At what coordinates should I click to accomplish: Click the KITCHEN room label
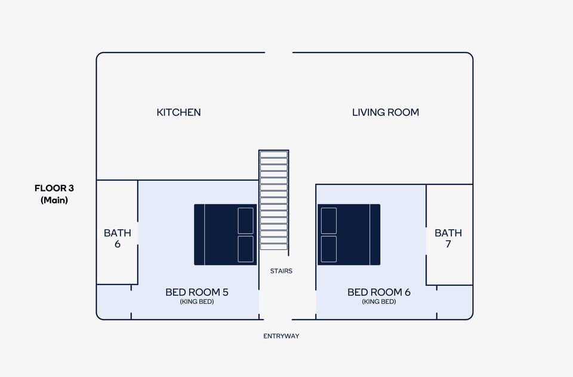coord(178,112)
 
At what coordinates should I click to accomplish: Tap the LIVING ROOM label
coord(385,112)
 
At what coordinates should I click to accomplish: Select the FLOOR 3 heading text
coord(54,188)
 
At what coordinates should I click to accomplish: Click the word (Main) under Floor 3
coord(54,200)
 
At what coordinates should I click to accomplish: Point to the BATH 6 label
coord(117,238)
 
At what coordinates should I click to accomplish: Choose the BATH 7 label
coord(448,238)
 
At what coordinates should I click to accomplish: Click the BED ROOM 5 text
coord(196,292)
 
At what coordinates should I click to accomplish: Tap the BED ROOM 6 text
coord(378,292)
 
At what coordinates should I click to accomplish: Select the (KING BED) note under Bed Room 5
coord(196,302)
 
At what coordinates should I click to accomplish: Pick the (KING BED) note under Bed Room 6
coord(378,302)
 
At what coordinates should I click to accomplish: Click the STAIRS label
coord(281,271)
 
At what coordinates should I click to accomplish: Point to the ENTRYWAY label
coord(281,336)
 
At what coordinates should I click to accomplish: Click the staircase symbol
coord(273,200)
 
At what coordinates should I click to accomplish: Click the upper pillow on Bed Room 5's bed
coord(245,221)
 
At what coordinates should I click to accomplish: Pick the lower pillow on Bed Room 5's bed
coord(245,249)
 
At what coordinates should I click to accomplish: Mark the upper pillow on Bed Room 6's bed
coord(328,221)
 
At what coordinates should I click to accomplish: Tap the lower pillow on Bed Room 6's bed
coord(328,249)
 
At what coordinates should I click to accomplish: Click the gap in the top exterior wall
coord(278,52)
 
